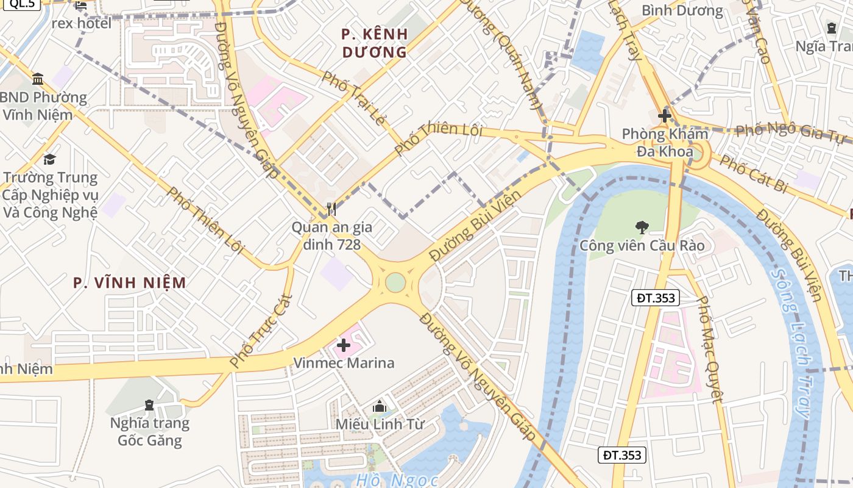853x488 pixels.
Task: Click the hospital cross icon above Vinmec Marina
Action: (x=344, y=346)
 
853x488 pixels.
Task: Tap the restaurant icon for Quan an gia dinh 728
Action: (x=331, y=209)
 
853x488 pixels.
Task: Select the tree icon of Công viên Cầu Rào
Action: (x=642, y=228)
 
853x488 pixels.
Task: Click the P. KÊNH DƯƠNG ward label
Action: (x=374, y=43)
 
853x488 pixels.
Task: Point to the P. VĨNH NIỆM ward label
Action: (x=129, y=282)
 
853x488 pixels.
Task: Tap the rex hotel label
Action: (x=82, y=23)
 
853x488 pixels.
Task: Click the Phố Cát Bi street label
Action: (x=753, y=174)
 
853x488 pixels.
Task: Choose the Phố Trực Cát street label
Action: (x=261, y=331)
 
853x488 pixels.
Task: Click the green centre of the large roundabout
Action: (x=395, y=282)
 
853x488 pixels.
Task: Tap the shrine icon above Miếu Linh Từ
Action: (x=380, y=406)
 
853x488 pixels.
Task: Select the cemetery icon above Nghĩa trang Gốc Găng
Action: (x=149, y=405)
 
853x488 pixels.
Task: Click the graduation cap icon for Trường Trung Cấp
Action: (x=49, y=160)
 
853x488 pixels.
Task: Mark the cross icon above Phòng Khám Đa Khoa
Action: (x=665, y=116)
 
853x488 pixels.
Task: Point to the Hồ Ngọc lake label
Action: (x=397, y=481)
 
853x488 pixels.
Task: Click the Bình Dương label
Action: (x=682, y=10)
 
